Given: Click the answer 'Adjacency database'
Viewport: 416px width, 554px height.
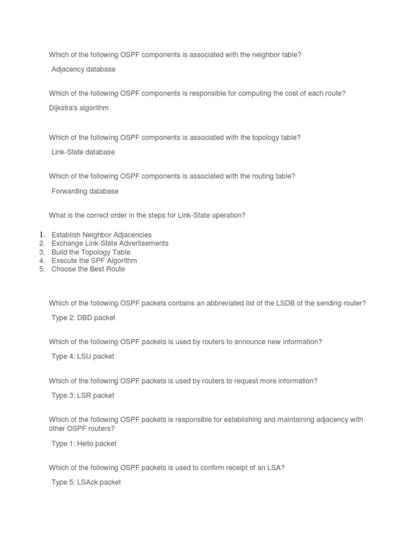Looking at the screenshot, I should pyautogui.click(x=83, y=69).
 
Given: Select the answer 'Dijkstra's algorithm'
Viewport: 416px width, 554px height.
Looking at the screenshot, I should pyautogui.click(x=79, y=108).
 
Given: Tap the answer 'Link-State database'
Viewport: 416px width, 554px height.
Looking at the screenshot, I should pyautogui.click(x=83, y=152).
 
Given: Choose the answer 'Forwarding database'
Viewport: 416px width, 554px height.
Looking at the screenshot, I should pyautogui.click(x=84, y=191).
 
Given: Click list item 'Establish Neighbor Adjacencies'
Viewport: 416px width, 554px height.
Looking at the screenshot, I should pyautogui.click(x=101, y=235).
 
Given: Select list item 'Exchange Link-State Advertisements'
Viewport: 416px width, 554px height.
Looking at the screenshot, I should pyautogui.click(x=110, y=243).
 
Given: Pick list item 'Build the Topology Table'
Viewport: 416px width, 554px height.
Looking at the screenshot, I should pyautogui.click(x=91, y=252).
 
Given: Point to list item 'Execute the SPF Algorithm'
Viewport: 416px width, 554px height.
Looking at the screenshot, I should pyautogui.click(x=94, y=261).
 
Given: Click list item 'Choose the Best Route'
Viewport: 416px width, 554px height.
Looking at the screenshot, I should pyautogui.click(x=88, y=269).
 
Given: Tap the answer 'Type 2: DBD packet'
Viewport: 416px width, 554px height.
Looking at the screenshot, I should pyautogui.click(x=83, y=318).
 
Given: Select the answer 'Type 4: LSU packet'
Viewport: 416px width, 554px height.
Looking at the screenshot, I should pyautogui.click(x=83, y=356).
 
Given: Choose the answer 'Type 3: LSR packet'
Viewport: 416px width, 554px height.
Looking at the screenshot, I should pyautogui.click(x=83, y=395).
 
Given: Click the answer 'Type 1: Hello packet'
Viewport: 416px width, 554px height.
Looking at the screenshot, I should pyautogui.click(x=84, y=444).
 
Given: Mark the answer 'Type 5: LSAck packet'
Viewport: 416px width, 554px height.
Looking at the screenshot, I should pyautogui.click(x=86, y=482).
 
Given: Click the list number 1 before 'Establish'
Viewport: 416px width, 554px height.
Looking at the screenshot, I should pyautogui.click(x=41, y=235).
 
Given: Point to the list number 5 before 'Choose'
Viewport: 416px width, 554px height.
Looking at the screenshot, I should pyautogui.click(x=42, y=269).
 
